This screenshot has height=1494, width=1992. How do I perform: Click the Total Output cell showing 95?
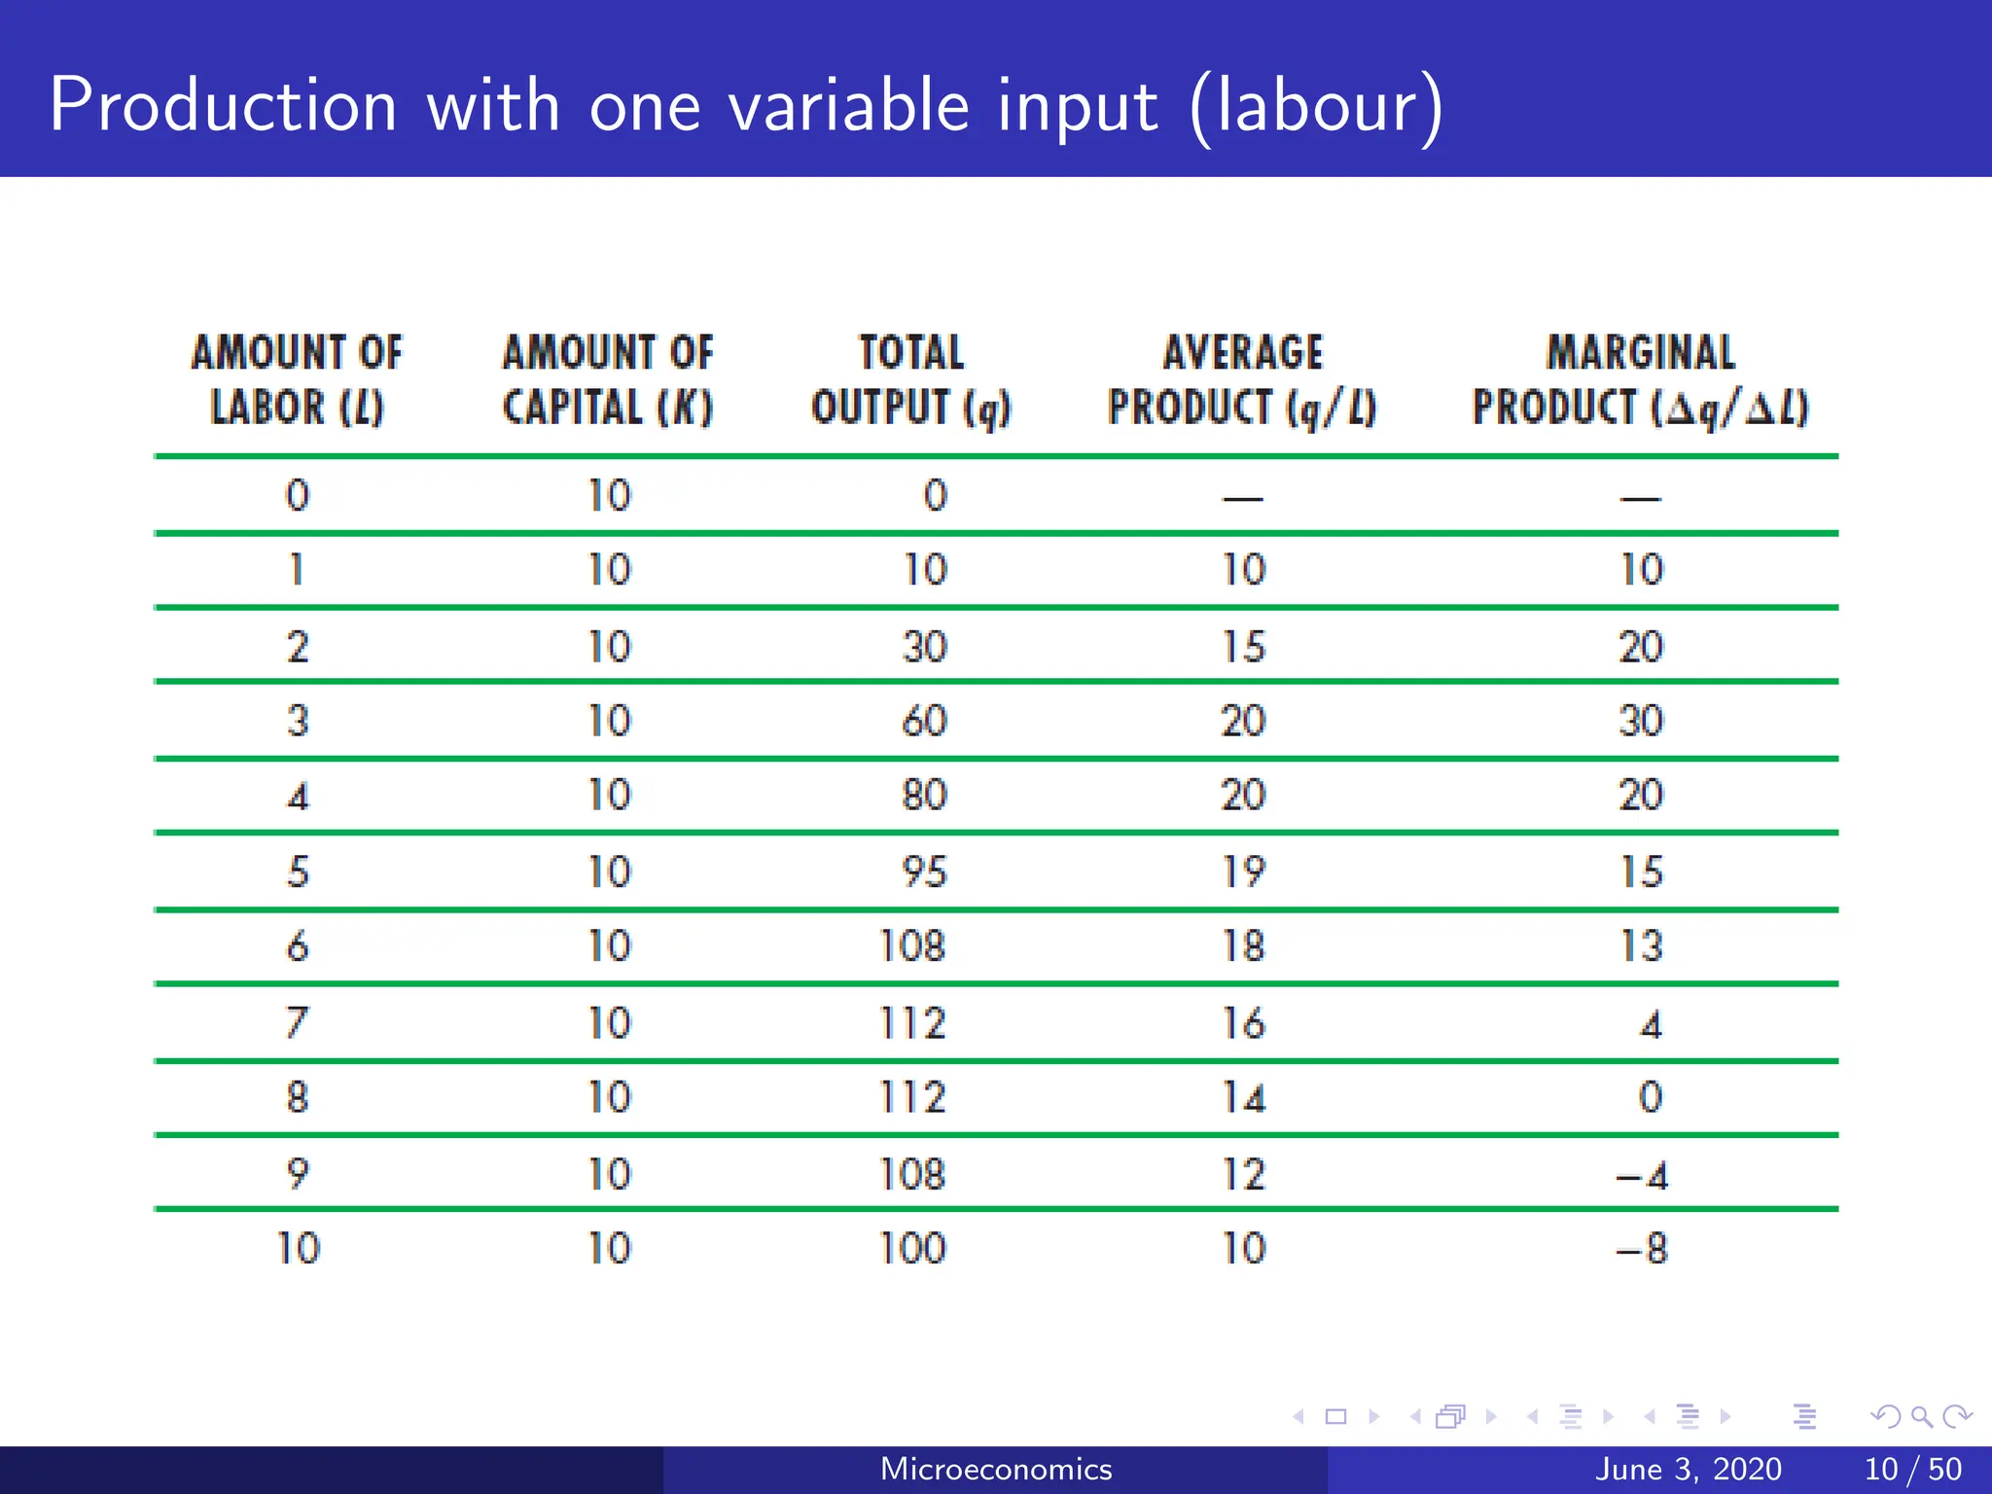point(924,871)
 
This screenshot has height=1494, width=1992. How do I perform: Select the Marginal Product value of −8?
point(1642,1249)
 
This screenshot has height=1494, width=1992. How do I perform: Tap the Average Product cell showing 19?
point(1243,871)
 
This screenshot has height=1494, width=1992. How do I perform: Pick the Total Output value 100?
point(912,1249)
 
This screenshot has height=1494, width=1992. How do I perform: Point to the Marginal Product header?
point(1641,380)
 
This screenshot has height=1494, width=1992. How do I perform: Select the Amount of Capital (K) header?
point(608,380)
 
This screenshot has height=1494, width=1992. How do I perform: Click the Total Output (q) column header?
point(911,380)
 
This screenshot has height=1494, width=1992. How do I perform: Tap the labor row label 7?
point(298,1023)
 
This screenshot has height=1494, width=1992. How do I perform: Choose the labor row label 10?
point(298,1249)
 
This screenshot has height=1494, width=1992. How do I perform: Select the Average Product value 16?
point(1243,1023)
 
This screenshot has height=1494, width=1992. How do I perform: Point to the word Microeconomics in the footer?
point(995,1469)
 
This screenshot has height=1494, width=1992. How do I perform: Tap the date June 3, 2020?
point(1688,1469)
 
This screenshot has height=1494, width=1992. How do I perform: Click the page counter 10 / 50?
point(1912,1469)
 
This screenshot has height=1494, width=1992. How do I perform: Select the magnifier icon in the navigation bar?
point(1921,1417)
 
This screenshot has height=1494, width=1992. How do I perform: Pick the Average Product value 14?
point(1243,1098)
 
